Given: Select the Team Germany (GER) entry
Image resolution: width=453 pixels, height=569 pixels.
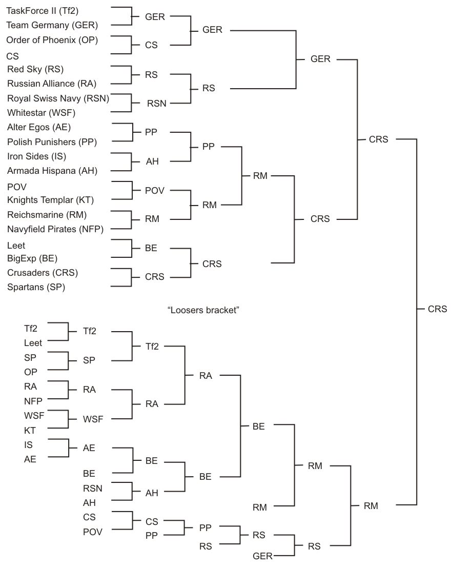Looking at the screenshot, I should (x=52, y=25).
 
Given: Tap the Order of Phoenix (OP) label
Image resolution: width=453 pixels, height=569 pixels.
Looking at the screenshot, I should (x=52, y=39).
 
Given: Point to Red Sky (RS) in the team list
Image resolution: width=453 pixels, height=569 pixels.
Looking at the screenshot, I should (x=35, y=69).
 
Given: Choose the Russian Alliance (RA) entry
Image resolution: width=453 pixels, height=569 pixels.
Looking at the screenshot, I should (x=52, y=83).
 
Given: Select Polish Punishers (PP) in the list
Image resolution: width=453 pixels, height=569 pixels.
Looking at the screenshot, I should (x=52, y=141).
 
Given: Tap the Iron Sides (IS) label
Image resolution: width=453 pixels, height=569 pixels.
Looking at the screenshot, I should (x=36, y=156).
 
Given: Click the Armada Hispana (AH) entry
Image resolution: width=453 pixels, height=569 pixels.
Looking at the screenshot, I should (x=52, y=171).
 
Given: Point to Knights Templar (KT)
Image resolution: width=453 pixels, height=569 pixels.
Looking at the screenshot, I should (x=50, y=199).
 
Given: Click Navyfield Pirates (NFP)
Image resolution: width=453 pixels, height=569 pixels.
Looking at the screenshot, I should (x=55, y=229).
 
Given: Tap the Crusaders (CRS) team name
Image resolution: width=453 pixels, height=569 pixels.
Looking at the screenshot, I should (x=43, y=272).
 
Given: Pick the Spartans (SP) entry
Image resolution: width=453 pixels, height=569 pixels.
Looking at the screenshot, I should (x=36, y=287).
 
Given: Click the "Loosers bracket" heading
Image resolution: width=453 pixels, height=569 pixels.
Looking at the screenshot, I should (x=204, y=310).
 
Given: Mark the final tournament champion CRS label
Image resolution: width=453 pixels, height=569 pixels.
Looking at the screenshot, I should (x=438, y=309).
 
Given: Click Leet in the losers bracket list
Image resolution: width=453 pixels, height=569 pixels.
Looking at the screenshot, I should (x=33, y=343).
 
